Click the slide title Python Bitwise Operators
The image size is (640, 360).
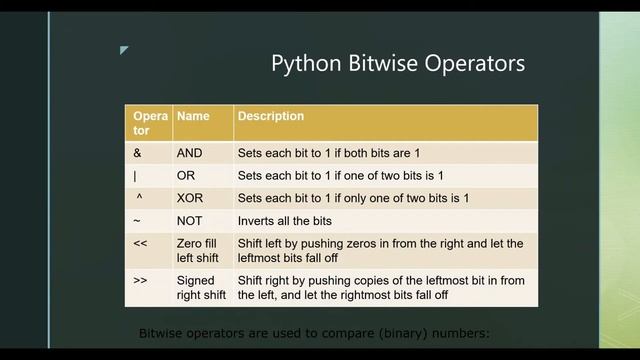coord(397,64)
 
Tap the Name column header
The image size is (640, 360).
coord(193,117)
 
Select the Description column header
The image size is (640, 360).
coord(270,117)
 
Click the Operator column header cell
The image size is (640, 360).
coord(148,123)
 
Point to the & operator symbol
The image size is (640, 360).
coord(137,153)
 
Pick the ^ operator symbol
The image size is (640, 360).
coord(139,198)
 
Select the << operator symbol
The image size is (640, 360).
coord(140,243)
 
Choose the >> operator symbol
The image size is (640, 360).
coord(140,281)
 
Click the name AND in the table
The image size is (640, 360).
coord(190,153)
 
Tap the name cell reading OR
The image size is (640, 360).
coord(186,176)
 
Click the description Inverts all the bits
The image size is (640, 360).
coord(284,221)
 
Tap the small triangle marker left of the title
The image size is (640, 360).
coord(124,50)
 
